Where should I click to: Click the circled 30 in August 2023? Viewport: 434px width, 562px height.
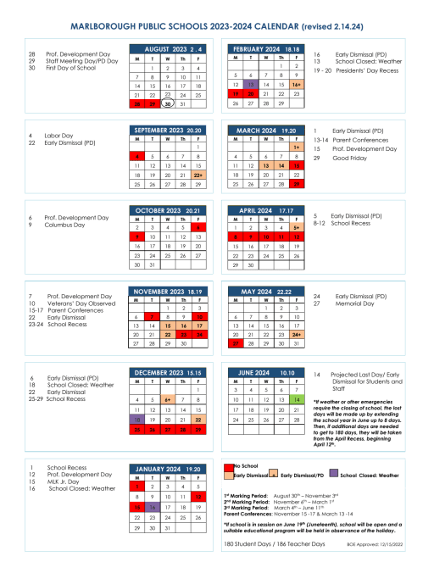(168, 103)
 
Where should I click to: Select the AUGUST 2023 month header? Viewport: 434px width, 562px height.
(167, 49)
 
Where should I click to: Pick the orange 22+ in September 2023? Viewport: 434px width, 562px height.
(197, 174)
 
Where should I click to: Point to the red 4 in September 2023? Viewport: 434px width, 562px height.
(136, 157)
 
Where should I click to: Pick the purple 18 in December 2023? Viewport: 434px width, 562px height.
(136, 395)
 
